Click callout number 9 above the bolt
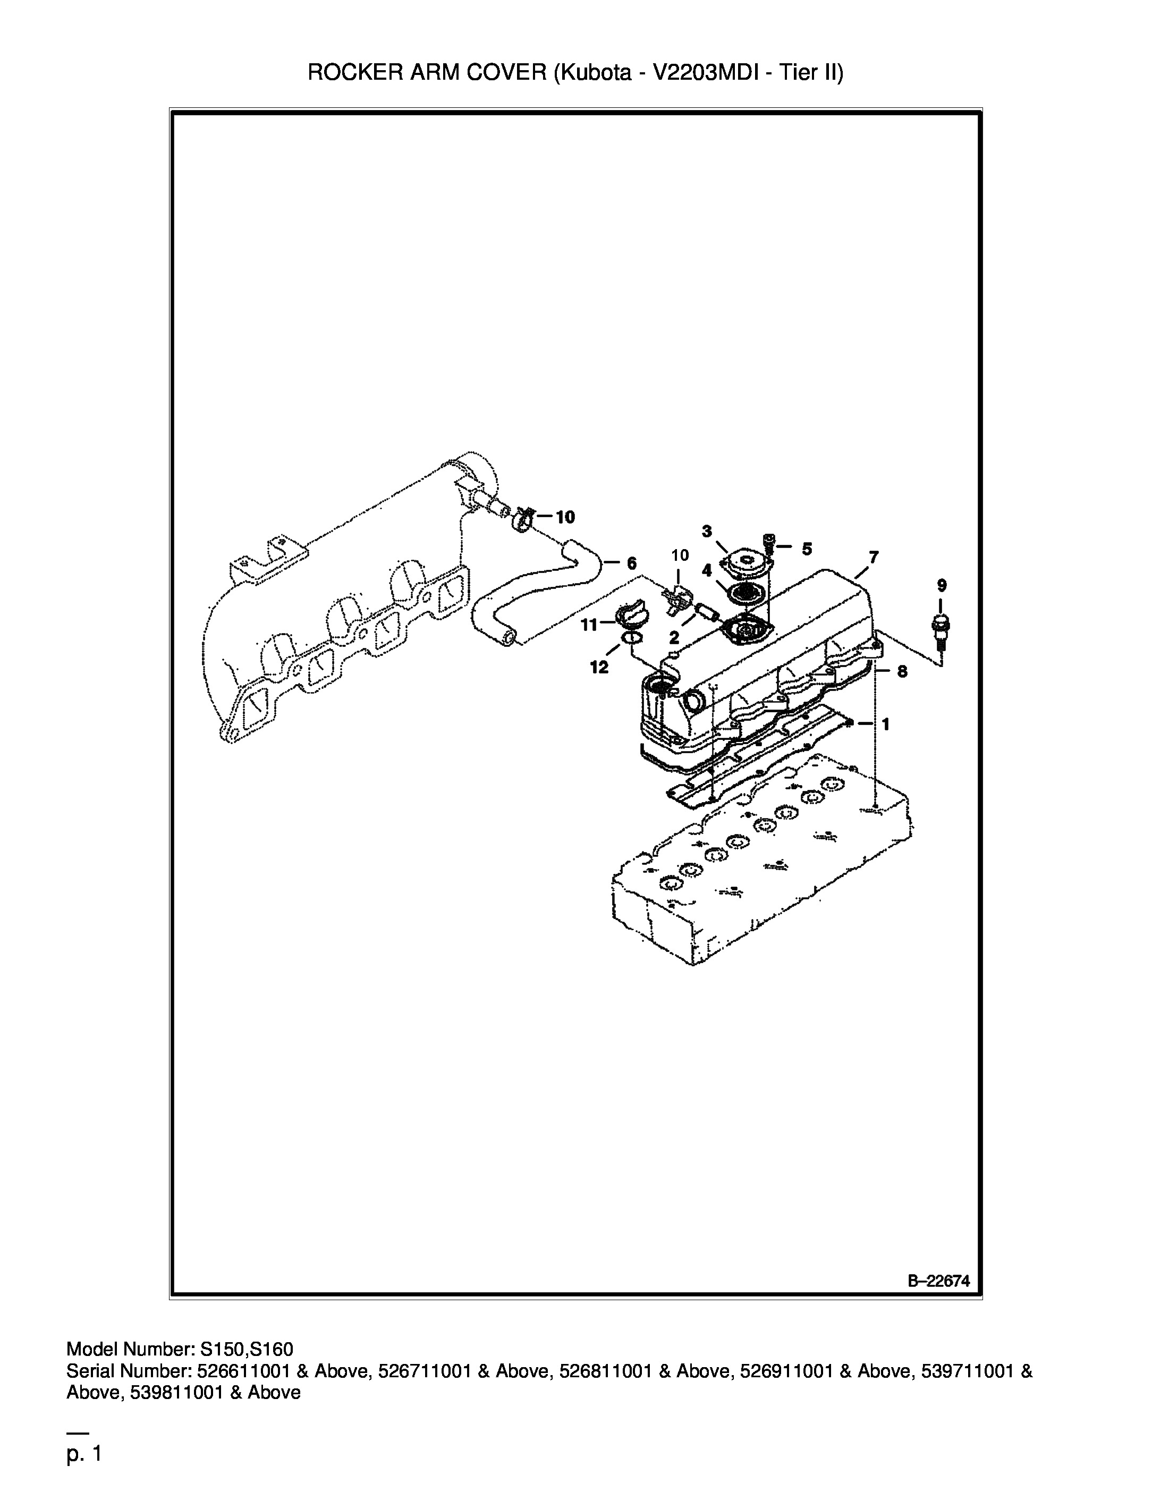coord(941,585)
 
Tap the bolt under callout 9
coord(941,629)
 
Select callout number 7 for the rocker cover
coord(874,557)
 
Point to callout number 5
coord(807,549)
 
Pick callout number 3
coord(707,531)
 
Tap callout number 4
coord(707,570)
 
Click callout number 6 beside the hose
coord(631,563)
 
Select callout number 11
coord(589,625)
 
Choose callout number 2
coord(674,638)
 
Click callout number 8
coord(902,672)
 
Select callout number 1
coord(886,725)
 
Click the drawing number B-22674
coord(938,1282)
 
